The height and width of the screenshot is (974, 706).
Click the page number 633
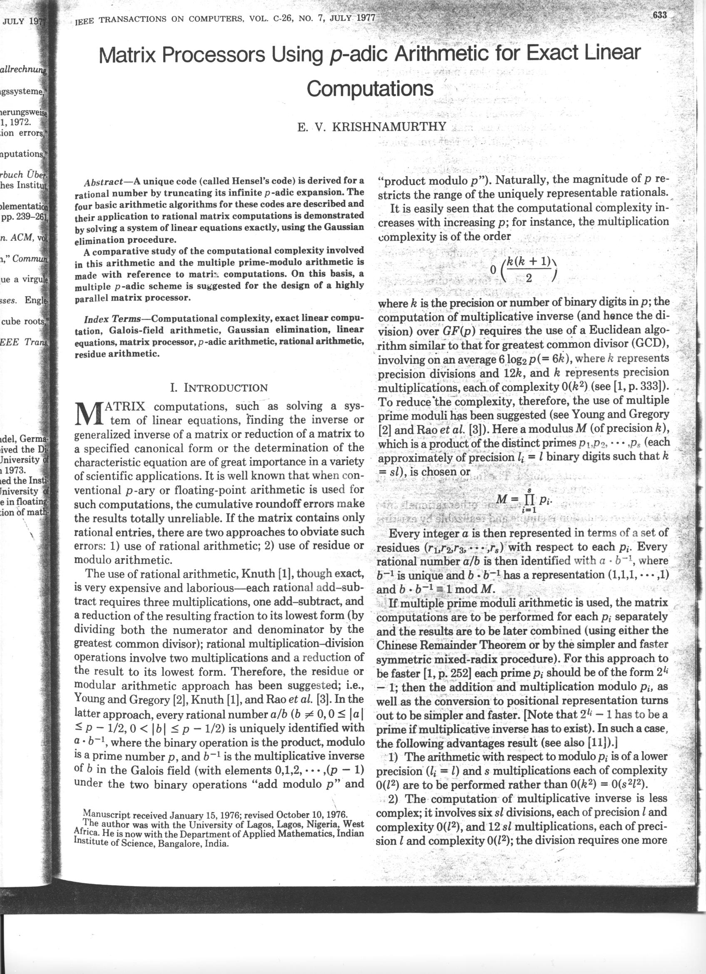click(660, 16)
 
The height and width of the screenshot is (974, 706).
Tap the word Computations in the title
click(370, 89)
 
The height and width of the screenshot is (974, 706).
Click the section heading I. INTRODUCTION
click(219, 388)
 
